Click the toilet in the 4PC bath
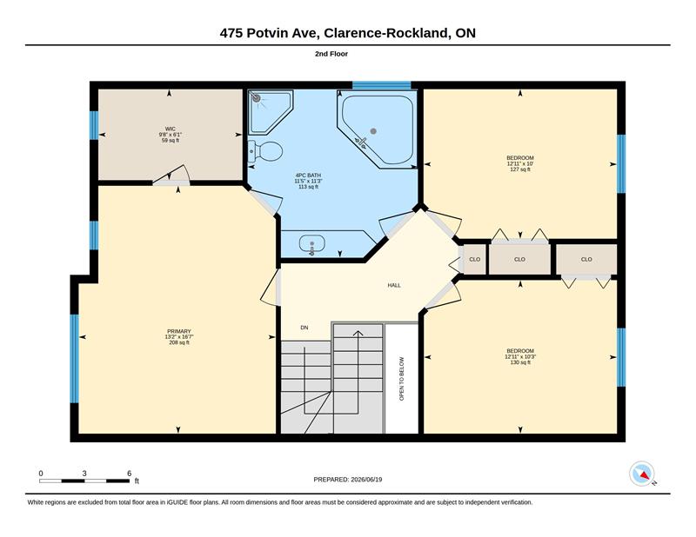pyautogui.click(x=265, y=151)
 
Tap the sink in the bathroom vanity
pyautogui.click(x=311, y=244)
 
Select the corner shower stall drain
pyautogui.click(x=256, y=98)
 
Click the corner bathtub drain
pyautogui.click(x=373, y=131)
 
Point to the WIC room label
pyautogui.click(x=171, y=135)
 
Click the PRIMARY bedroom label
pyautogui.click(x=179, y=336)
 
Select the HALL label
pyautogui.click(x=394, y=286)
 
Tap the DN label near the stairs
pyautogui.click(x=304, y=328)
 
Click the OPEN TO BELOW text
pyautogui.click(x=402, y=379)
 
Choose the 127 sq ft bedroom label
pyautogui.click(x=520, y=163)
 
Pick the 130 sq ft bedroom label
pyautogui.click(x=520, y=356)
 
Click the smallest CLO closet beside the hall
pyautogui.click(x=474, y=260)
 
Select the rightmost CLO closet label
pyautogui.click(x=586, y=260)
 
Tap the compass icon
pyautogui.click(x=642, y=474)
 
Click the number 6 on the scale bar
pyautogui.click(x=129, y=474)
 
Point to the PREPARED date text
pyautogui.click(x=347, y=480)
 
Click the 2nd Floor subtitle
pyautogui.click(x=331, y=54)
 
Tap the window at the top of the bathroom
pyautogui.click(x=382, y=85)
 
